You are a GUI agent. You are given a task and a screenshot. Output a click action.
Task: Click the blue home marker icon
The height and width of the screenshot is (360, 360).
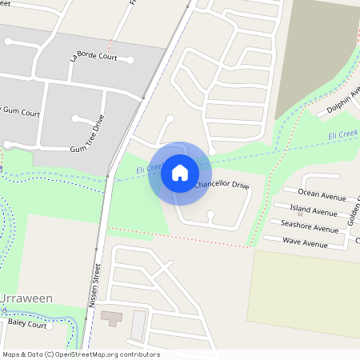tap(180, 172)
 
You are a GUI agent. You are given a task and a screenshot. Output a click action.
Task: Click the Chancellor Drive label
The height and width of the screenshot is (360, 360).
tap(222, 186)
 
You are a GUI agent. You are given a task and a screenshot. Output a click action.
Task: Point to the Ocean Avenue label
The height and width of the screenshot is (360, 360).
tap(322, 193)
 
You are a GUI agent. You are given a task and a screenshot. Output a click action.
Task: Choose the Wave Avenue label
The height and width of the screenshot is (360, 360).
tap(305, 242)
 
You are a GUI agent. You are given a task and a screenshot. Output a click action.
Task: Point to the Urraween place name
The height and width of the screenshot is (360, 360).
tap(27, 298)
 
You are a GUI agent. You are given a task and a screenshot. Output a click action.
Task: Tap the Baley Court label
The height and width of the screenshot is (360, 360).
tap(27, 325)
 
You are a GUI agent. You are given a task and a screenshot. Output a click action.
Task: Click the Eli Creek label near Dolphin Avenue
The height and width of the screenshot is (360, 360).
tap(343, 136)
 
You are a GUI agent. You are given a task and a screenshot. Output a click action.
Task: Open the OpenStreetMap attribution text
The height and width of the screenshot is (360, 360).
tap(80, 354)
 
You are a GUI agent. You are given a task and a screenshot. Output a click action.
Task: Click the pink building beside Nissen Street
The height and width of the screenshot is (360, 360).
tap(112, 318)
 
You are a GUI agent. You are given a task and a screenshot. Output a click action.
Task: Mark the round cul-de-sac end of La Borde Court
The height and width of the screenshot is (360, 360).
tap(129, 61)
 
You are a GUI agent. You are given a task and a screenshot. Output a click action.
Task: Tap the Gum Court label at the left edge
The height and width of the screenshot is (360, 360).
tap(19, 113)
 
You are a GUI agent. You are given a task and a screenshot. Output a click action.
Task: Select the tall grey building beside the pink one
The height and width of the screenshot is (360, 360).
tap(139, 324)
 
